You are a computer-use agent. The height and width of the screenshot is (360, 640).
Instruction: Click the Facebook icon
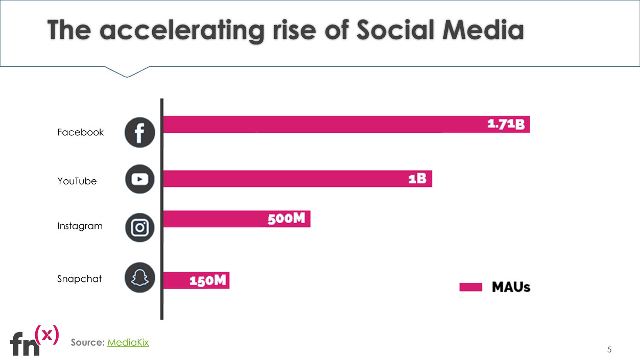[139, 133]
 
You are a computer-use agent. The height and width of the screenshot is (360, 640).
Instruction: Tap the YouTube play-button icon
[139, 179]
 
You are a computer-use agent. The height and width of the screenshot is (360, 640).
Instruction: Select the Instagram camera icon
[139, 227]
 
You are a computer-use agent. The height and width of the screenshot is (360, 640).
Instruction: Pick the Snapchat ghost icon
[139, 277]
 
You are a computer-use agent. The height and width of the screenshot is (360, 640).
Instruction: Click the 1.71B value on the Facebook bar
[506, 124]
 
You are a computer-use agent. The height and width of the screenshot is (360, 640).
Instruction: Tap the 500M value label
[287, 219]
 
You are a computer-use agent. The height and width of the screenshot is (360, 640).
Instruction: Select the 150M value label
[207, 280]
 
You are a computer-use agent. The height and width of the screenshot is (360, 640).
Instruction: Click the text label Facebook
[80, 132]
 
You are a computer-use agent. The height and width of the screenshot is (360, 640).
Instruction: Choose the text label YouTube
[77, 181]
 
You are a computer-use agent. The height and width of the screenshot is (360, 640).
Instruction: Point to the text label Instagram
[80, 226]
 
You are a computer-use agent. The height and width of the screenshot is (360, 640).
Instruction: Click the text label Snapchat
[79, 279]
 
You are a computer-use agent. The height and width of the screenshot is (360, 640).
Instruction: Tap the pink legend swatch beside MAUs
[470, 287]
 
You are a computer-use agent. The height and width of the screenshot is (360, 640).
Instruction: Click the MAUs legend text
[511, 287]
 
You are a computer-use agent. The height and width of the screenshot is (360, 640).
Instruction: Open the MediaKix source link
[128, 342]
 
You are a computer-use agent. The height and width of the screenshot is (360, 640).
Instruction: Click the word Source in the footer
[87, 342]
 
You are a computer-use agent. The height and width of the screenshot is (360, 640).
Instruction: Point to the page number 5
[609, 350]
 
